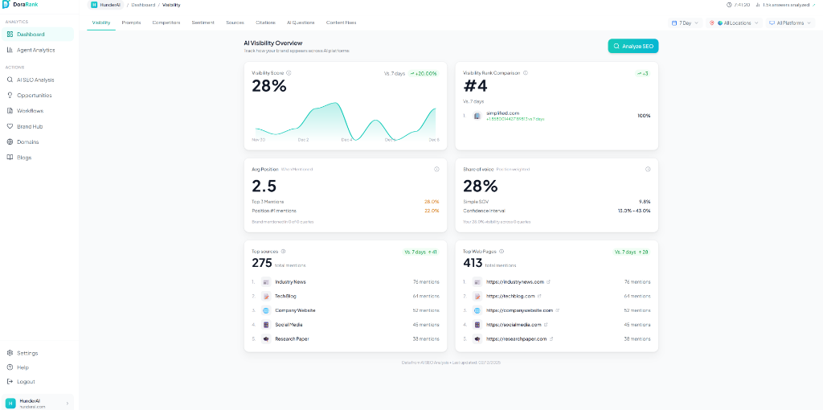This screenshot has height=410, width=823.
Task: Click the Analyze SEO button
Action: [633, 47]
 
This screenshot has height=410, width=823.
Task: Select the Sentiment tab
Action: [203, 23]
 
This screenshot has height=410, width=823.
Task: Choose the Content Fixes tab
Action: [341, 23]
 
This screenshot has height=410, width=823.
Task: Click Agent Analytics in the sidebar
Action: [35, 50]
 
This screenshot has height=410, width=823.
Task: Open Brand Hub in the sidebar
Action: [30, 126]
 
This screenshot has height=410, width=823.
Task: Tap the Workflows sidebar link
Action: [30, 111]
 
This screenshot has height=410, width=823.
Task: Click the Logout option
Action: [26, 381]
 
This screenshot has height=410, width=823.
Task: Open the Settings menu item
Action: [27, 353]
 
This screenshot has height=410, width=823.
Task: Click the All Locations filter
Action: [734, 23]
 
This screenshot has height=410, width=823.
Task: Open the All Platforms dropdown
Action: [790, 23]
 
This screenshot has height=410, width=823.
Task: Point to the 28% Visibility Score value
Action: [268, 86]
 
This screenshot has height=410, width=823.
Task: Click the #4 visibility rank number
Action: [476, 86]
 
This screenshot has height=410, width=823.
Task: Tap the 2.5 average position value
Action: [264, 186]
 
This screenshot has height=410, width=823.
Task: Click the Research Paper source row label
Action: [292, 338]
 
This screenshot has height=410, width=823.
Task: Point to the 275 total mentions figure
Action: [262, 263]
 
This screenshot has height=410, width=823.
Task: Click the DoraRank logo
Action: [22, 5]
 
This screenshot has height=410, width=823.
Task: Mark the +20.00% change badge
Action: [424, 73]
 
